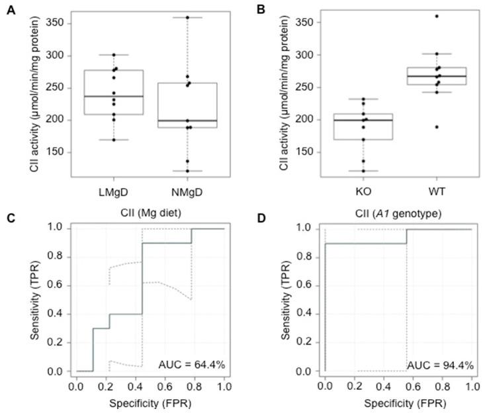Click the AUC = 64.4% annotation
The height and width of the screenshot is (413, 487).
[x=189, y=363]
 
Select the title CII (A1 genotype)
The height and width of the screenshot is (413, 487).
[x=398, y=213]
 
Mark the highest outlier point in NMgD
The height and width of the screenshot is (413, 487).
[x=188, y=17]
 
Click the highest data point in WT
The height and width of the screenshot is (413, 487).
[x=437, y=16]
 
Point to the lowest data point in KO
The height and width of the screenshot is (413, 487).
[x=361, y=171]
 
